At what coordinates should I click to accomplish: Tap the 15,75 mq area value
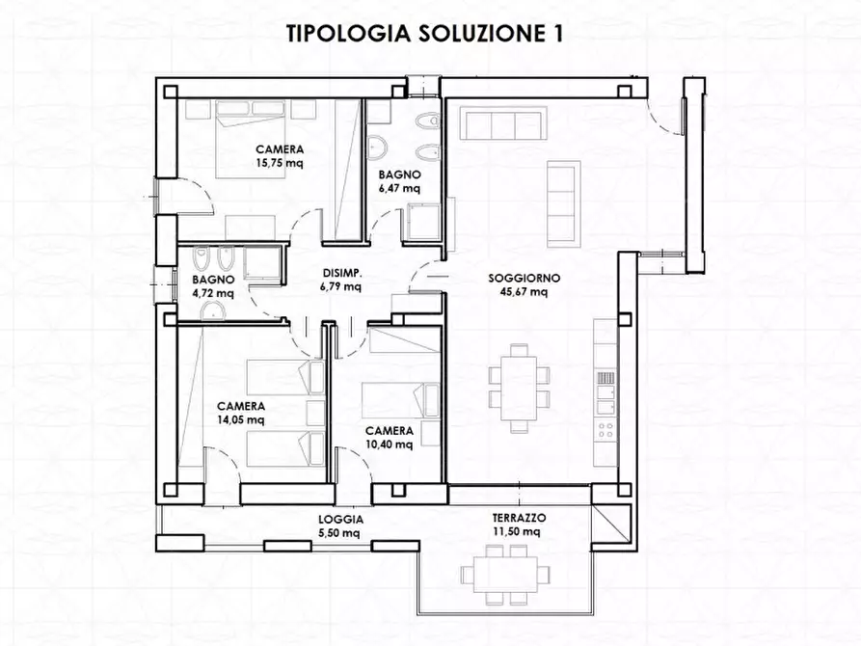(281, 164)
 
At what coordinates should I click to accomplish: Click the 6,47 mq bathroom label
(399, 188)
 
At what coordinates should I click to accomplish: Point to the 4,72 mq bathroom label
(213, 292)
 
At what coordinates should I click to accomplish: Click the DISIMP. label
(340, 274)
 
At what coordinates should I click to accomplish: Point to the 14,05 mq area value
(241, 419)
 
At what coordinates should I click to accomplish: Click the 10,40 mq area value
(390, 444)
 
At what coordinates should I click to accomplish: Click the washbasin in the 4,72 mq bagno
(217, 310)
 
